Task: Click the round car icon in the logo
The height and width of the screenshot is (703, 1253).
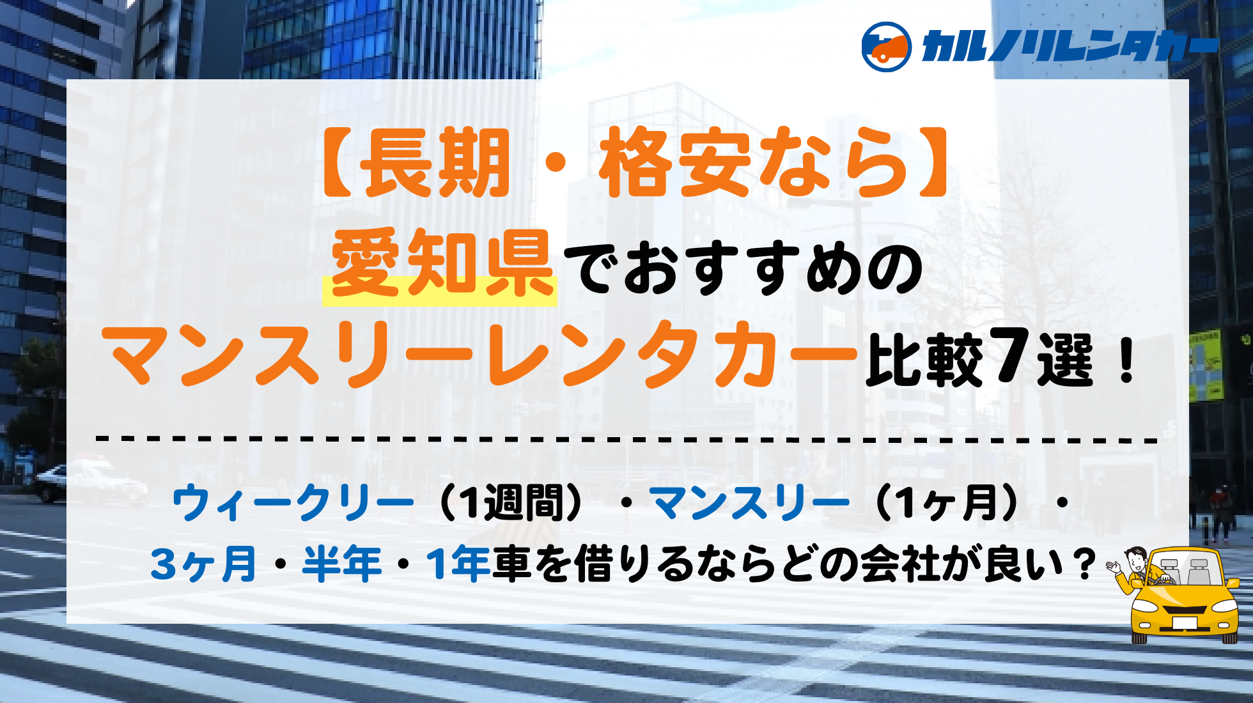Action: pos(886,47)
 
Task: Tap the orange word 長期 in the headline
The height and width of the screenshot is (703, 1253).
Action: pos(435,162)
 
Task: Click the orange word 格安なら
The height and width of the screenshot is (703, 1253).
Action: pos(754,162)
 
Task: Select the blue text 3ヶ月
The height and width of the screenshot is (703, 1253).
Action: pos(203,564)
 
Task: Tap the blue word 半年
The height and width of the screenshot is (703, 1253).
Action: pos(342,564)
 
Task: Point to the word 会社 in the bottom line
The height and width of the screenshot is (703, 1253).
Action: pos(900,564)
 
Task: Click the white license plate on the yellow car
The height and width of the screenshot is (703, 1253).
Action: pos(1185,622)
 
